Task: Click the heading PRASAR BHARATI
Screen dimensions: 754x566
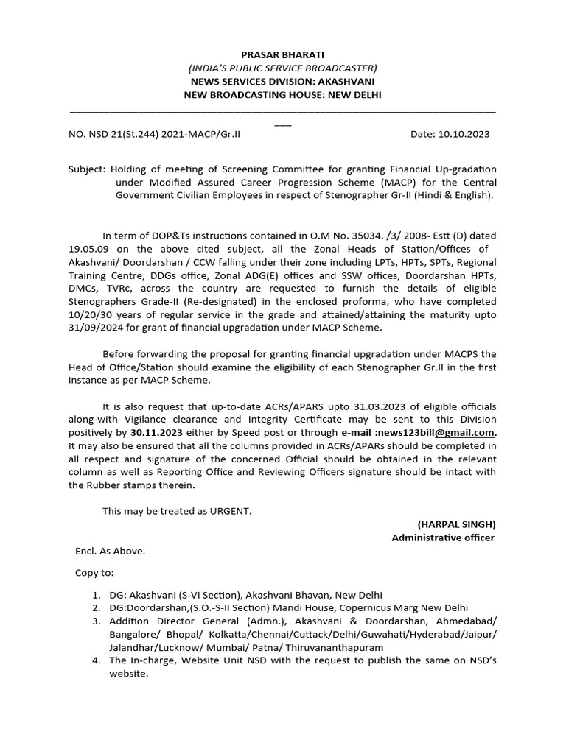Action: [x=282, y=54]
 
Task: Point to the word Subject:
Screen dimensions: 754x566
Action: [x=88, y=169]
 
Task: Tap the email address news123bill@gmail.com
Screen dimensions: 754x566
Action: [x=437, y=432]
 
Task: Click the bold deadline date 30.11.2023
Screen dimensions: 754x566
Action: [x=157, y=432]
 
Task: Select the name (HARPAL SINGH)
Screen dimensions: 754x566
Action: [x=456, y=524]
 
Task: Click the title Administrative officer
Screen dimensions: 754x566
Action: [x=443, y=538]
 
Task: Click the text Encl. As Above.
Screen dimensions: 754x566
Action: [x=110, y=551]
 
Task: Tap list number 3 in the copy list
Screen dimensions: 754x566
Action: [x=97, y=621]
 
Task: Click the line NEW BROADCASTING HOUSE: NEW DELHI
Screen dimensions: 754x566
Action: [x=282, y=95]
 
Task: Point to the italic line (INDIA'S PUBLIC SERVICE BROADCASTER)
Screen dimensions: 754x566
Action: [x=282, y=68]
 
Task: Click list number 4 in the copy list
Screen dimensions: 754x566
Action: [x=97, y=660]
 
